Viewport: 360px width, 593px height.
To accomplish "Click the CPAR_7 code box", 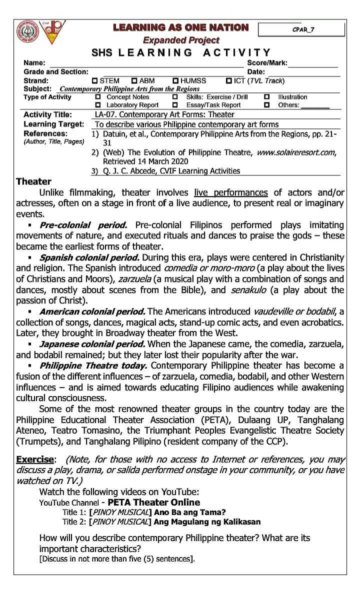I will tap(301, 29).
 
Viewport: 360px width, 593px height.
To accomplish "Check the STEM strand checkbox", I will tap(94, 80).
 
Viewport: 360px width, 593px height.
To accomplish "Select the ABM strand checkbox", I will tap(134, 80).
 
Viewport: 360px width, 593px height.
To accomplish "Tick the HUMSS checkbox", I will tap(175, 80).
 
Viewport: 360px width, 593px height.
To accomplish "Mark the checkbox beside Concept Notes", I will tap(97, 97).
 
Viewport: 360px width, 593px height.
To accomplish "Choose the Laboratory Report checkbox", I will tap(97, 105).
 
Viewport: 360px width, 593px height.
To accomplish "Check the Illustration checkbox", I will tap(267, 97).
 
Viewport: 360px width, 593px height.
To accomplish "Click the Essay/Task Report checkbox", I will tap(175, 105).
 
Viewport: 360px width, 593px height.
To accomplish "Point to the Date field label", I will tap(256, 72).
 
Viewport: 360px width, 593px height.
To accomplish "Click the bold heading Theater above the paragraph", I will tap(33, 181).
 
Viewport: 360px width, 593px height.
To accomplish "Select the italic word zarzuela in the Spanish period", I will tap(130, 279).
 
